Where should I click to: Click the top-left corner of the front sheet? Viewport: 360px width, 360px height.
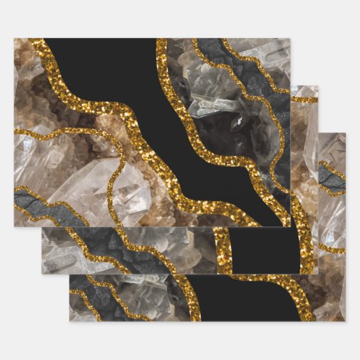14,39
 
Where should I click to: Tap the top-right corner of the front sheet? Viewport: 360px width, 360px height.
290,39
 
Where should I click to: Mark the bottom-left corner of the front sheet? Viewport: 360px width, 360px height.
14,227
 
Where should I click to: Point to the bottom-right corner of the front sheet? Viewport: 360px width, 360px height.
290,227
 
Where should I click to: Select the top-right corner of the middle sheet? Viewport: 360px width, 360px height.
318,86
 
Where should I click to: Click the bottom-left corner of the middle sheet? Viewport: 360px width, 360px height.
42,274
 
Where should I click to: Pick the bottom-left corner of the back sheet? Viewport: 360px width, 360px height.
69,321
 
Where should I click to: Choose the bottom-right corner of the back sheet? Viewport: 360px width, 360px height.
346,321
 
